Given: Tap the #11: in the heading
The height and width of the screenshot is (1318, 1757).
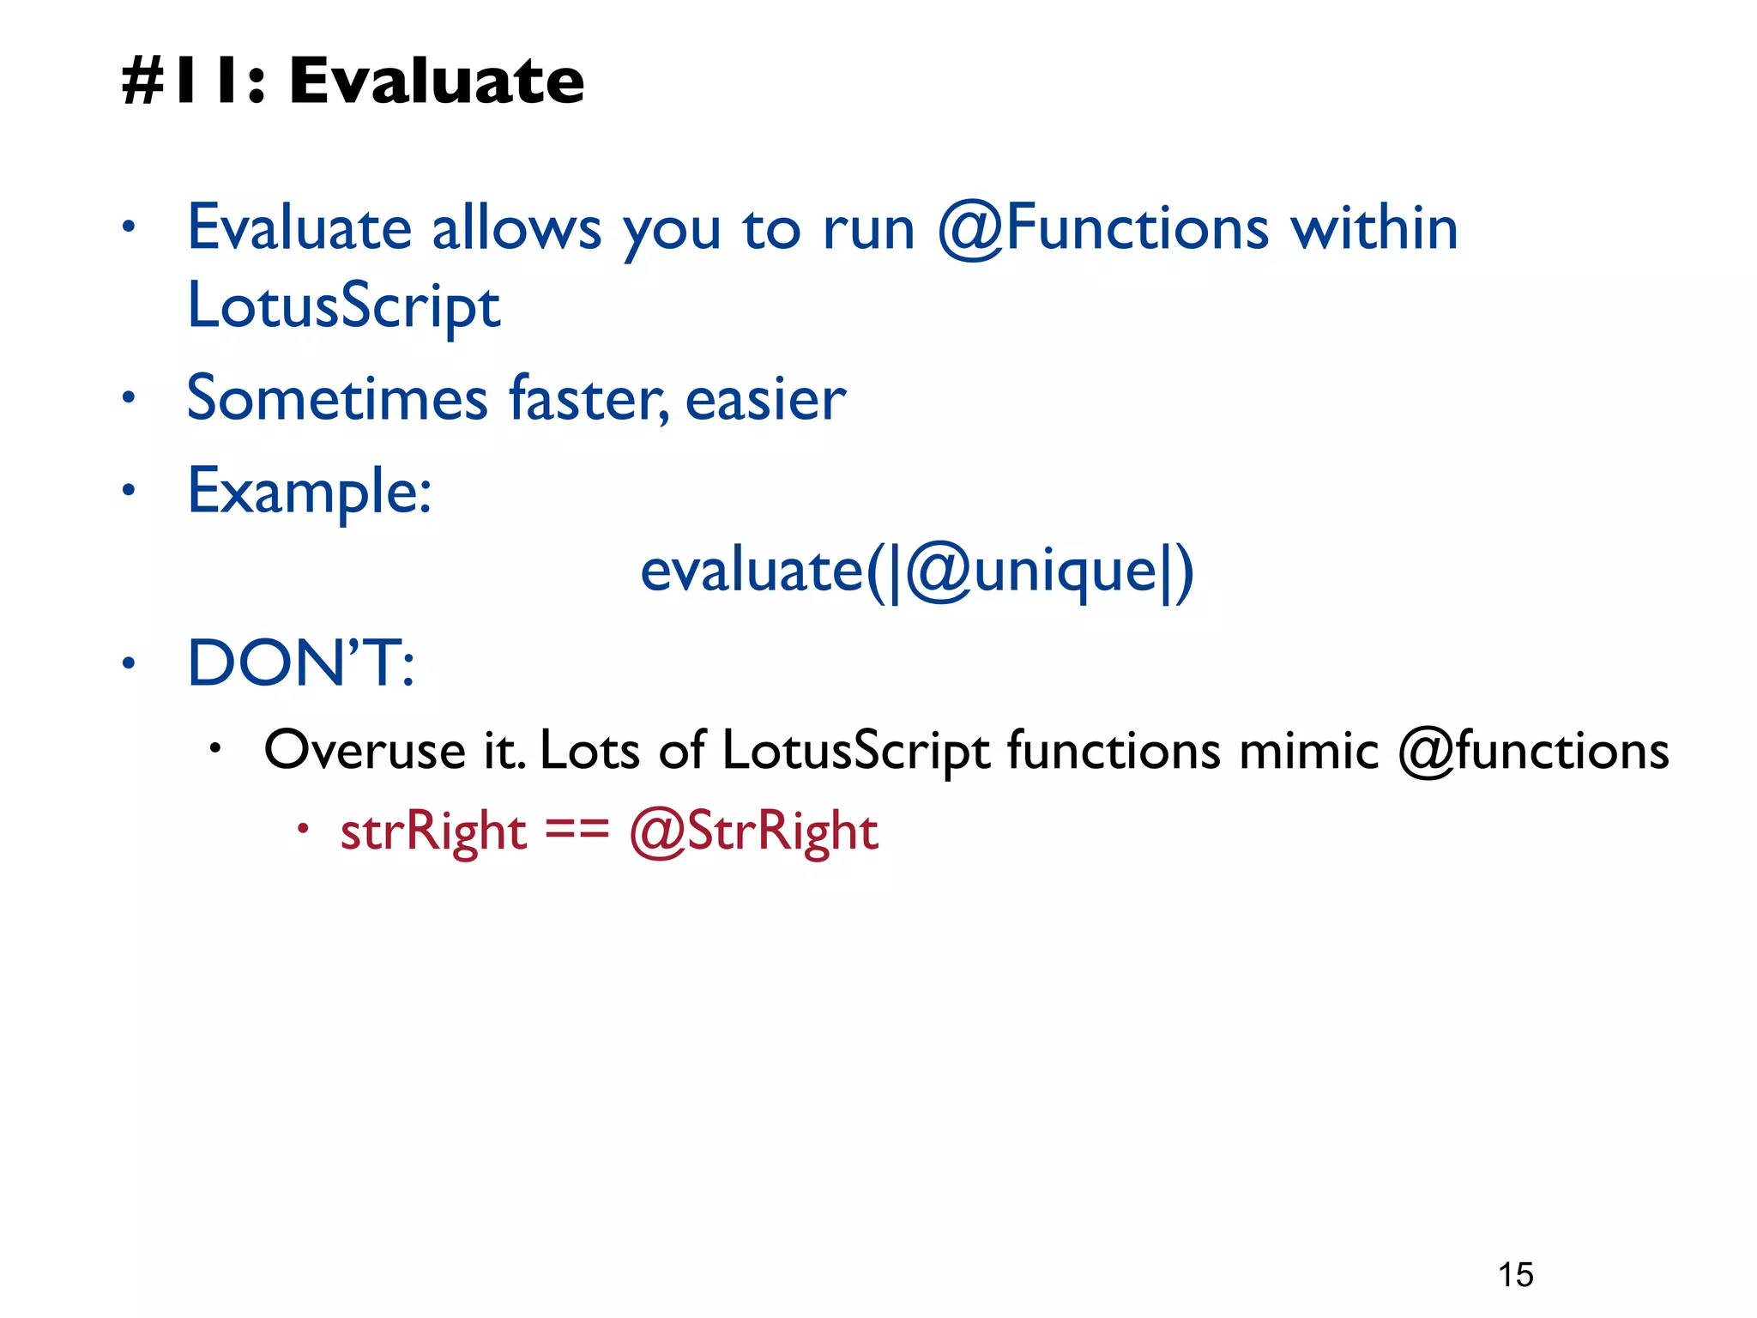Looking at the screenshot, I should click(x=193, y=82).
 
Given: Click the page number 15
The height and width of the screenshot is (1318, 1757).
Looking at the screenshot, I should click(x=1516, y=1275).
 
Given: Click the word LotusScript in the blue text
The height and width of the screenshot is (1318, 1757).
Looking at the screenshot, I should click(x=343, y=307).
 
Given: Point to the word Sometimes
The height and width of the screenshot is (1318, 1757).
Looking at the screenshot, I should click(x=337, y=399).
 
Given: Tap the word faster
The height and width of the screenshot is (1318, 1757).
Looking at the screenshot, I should click(x=589, y=399).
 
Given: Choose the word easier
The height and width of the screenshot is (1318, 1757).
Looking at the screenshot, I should click(x=765, y=399).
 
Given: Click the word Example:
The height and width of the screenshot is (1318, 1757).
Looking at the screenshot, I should click(x=309, y=492).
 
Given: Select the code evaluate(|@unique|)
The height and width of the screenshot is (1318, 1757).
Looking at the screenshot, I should click(x=916, y=571).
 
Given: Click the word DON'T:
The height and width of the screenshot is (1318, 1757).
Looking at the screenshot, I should click(x=300, y=663).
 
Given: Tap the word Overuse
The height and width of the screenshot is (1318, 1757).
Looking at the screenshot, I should click(x=364, y=751).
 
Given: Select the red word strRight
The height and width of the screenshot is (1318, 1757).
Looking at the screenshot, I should click(x=433, y=831).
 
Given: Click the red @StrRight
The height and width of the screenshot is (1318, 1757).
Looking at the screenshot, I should click(x=753, y=831).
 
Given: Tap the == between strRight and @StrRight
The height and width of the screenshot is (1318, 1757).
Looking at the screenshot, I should click(x=577, y=830).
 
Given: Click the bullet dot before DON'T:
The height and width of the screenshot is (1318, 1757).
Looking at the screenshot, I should click(x=129, y=663).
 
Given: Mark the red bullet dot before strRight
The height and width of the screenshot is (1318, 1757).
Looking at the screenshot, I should click(x=302, y=829).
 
